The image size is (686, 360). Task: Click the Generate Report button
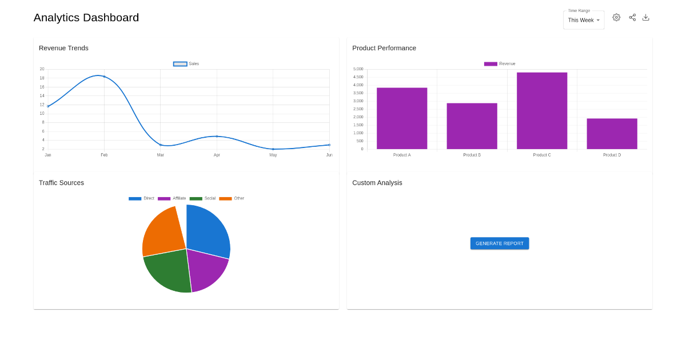point(500,243)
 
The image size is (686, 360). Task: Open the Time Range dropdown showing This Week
point(584,20)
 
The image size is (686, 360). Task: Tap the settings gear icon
point(616,18)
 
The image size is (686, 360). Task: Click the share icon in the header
point(632,18)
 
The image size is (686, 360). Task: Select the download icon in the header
point(646,18)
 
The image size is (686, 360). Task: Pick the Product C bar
point(542,111)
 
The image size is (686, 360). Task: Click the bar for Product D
point(612,134)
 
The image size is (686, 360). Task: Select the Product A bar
point(402,118)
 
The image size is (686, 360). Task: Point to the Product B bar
point(472,126)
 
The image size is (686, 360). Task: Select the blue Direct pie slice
point(208,230)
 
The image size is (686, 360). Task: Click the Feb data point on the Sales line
point(104,77)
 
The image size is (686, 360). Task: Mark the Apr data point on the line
point(217,136)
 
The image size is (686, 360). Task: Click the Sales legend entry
point(186,63)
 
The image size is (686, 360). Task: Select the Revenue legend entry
point(500,63)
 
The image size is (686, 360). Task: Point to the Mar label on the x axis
point(161,155)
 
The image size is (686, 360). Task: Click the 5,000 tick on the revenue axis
point(358,69)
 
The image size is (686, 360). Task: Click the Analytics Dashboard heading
point(86,18)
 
